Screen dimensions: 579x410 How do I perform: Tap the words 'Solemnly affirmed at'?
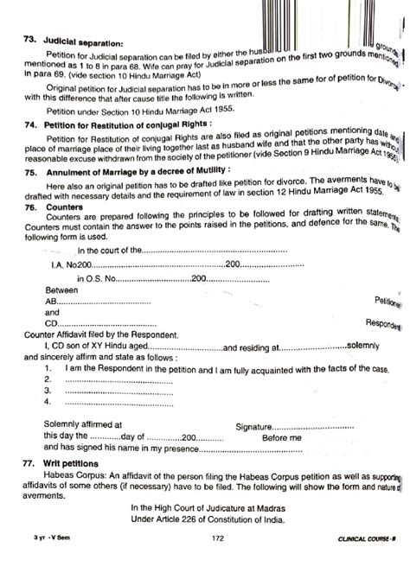point(83,425)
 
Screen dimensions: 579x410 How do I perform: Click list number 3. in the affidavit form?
point(48,391)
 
